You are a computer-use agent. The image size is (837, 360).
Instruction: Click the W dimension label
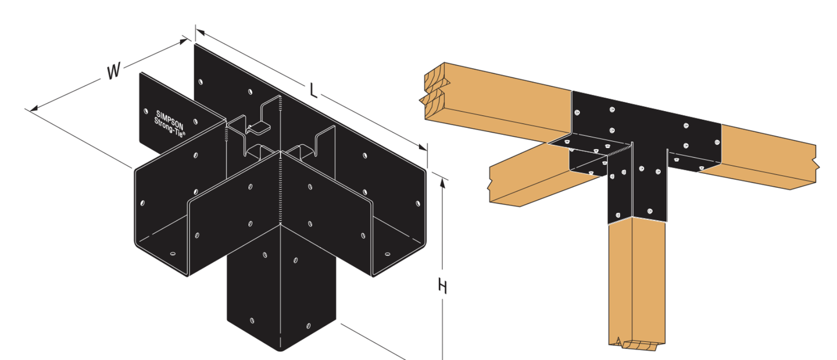[113, 71]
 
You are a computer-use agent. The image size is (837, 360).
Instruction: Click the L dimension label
[313, 91]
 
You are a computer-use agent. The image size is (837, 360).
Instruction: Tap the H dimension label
[442, 287]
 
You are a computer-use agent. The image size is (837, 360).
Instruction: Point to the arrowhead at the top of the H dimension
[442, 183]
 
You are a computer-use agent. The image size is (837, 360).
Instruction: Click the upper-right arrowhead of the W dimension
[184, 41]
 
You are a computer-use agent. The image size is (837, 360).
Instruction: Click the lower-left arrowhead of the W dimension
[34, 108]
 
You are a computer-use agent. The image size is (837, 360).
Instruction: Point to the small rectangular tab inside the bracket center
[258, 128]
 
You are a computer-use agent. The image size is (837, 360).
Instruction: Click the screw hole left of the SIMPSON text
[145, 111]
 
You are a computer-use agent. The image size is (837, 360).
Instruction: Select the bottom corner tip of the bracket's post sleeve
[281, 351]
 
